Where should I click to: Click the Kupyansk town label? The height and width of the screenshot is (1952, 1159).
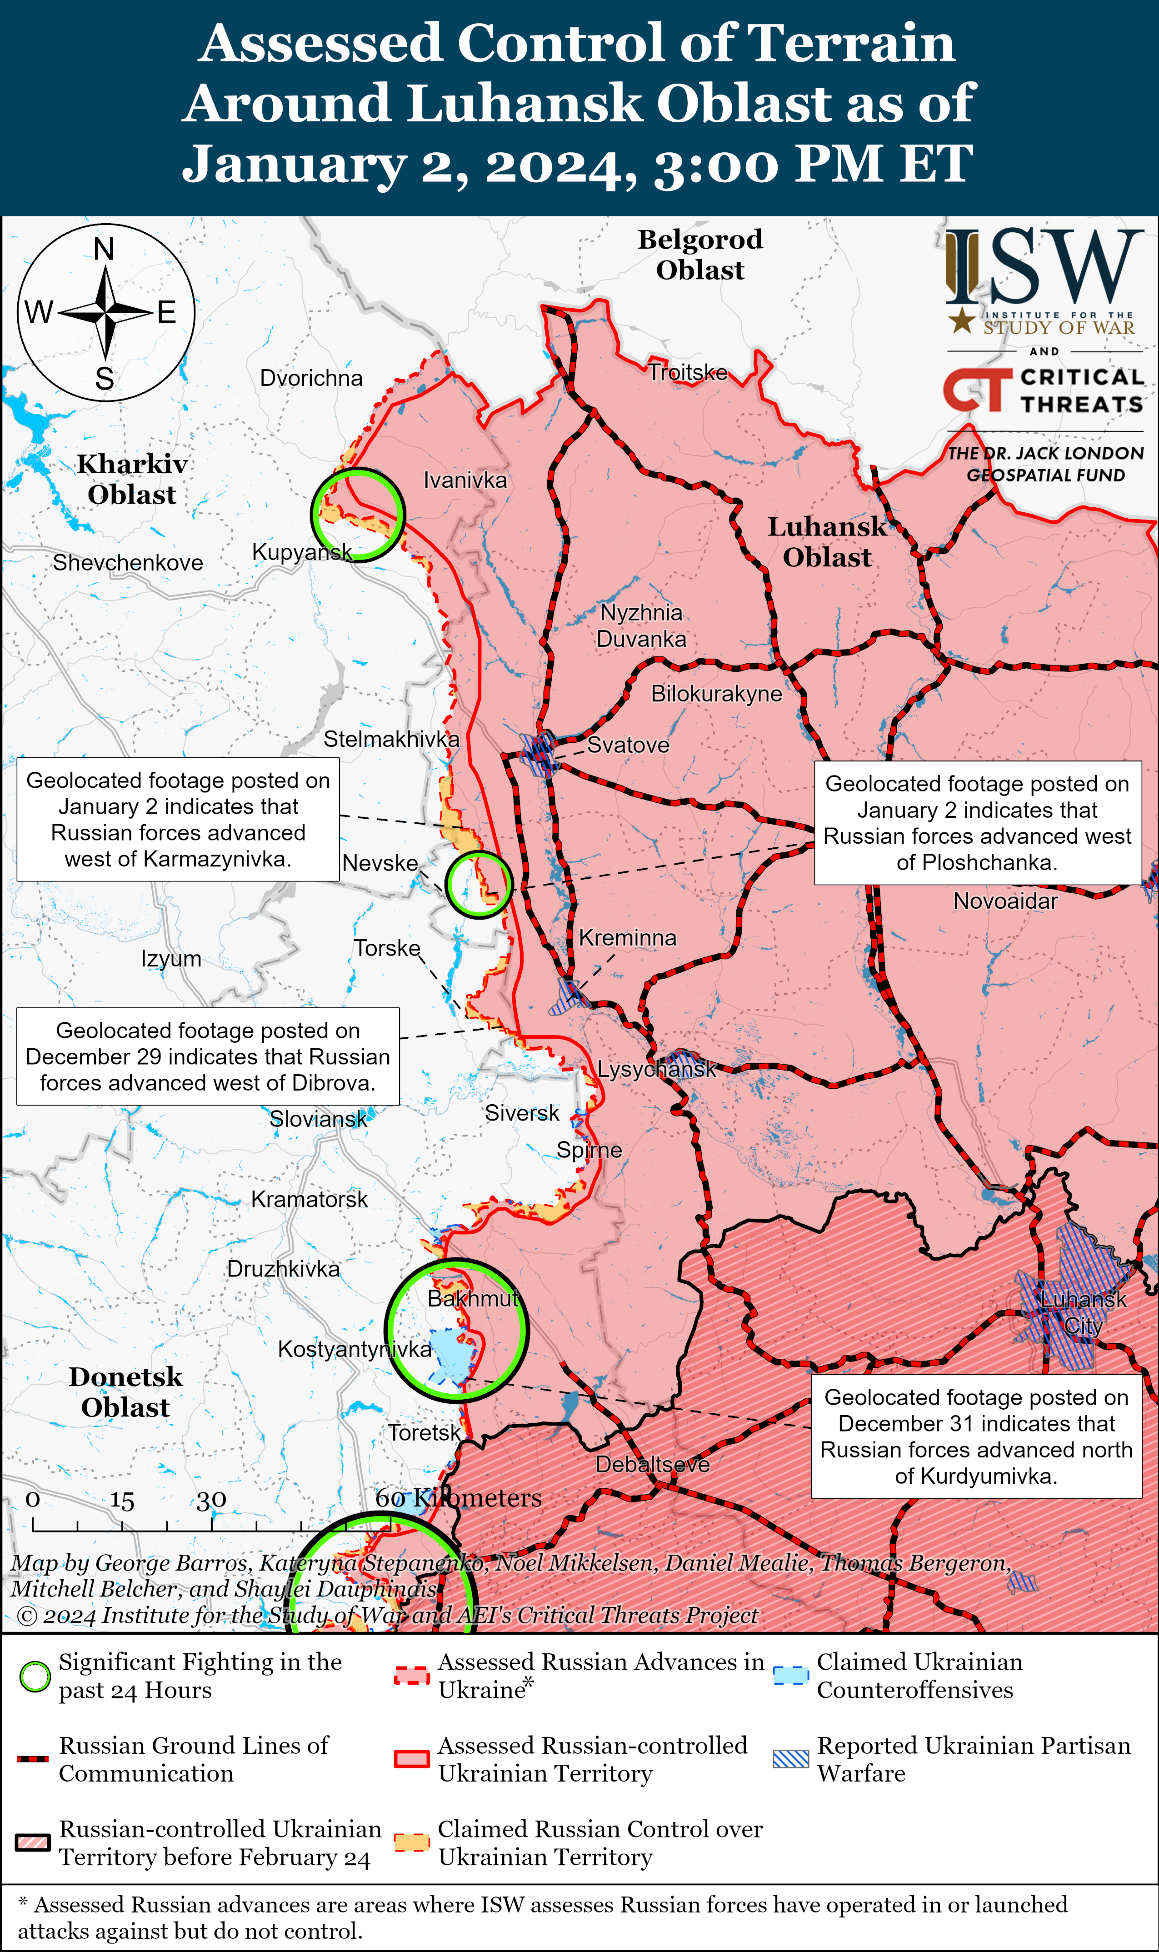coord(301,552)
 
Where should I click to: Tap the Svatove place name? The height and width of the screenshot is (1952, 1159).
coord(628,745)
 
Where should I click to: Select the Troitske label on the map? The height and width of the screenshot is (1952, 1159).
coord(687,373)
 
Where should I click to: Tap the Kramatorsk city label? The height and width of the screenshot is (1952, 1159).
coord(309,1199)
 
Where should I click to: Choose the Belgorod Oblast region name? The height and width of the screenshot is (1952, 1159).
coord(700,255)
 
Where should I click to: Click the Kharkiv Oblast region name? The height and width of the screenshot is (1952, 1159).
coord(132,479)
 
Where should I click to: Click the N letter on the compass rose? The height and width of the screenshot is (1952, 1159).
coord(104,249)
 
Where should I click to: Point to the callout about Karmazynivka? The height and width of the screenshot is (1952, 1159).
coord(178,819)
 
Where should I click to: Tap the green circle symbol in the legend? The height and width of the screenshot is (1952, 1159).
coord(35,1677)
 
